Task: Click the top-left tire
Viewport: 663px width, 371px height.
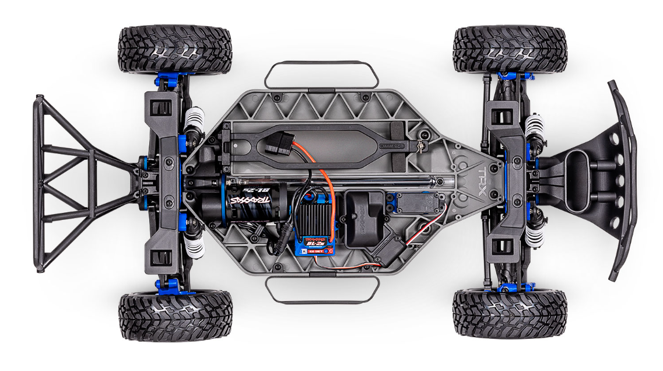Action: pos(175,49)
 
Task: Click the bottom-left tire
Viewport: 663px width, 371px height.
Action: pos(175,317)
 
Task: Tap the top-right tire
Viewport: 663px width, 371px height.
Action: pos(510,49)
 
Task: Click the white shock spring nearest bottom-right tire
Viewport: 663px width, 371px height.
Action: pos(534,233)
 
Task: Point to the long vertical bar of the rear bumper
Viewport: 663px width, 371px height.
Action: pos(38,184)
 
